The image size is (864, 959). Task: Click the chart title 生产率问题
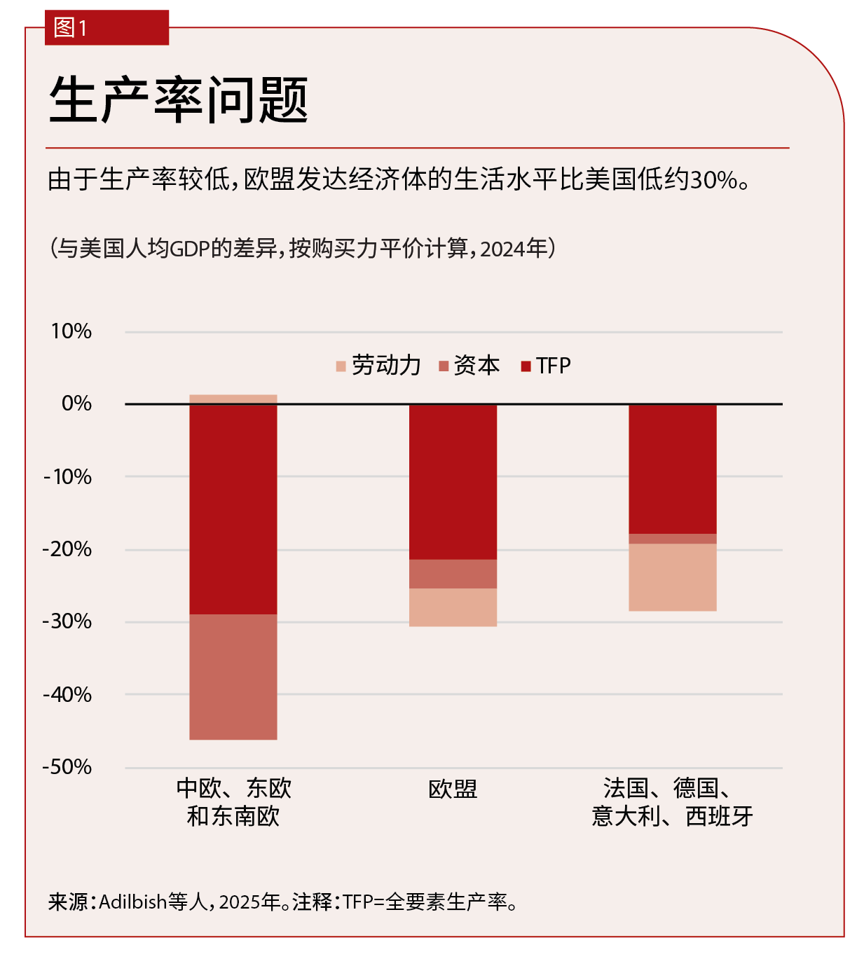click(179, 100)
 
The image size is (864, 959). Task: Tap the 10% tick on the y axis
click(71, 331)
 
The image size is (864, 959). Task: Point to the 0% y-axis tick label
click(76, 403)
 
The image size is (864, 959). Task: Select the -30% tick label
click(67, 621)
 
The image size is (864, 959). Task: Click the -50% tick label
click(67, 767)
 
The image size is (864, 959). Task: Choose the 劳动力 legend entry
click(378, 366)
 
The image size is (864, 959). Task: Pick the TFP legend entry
click(547, 366)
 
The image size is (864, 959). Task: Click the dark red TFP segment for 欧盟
click(453, 482)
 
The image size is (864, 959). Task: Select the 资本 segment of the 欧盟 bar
click(453, 574)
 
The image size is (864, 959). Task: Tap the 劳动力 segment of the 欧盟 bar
click(453, 607)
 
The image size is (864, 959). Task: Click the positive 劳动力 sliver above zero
click(233, 399)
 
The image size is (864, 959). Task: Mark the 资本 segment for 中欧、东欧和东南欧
click(233, 677)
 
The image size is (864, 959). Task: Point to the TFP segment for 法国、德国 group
click(672, 469)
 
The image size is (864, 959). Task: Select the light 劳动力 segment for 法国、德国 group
click(672, 577)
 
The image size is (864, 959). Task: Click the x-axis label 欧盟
click(453, 789)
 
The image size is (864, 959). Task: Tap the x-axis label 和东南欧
click(233, 817)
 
